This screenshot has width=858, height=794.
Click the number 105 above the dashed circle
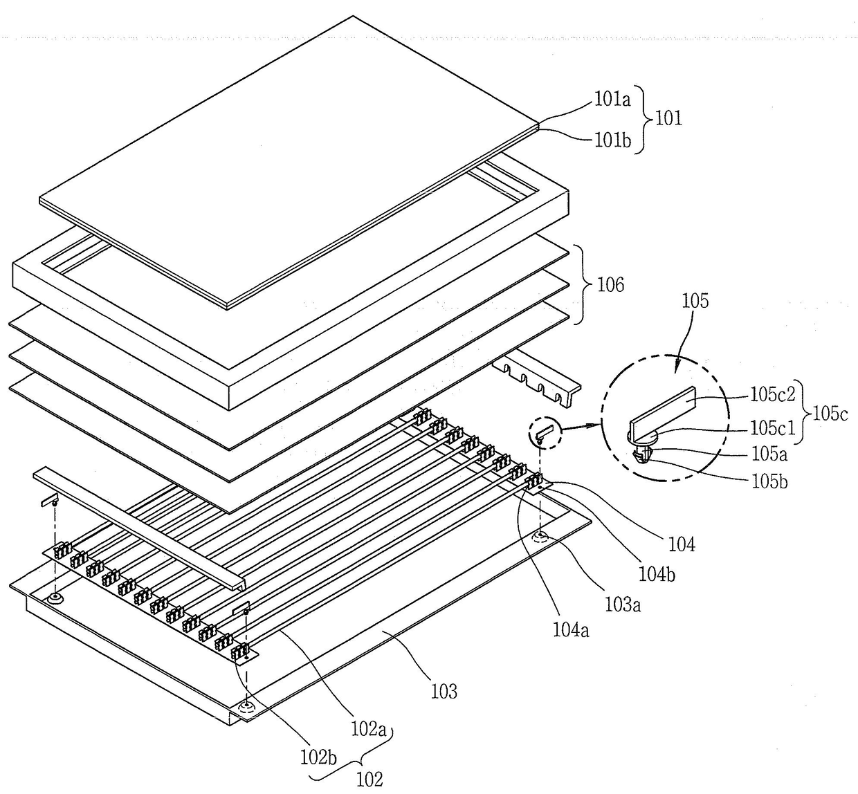click(695, 301)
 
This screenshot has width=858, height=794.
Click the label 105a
click(768, 454)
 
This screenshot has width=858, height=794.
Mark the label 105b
click(768, 481)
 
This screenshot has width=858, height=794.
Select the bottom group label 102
click(369, 779)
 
